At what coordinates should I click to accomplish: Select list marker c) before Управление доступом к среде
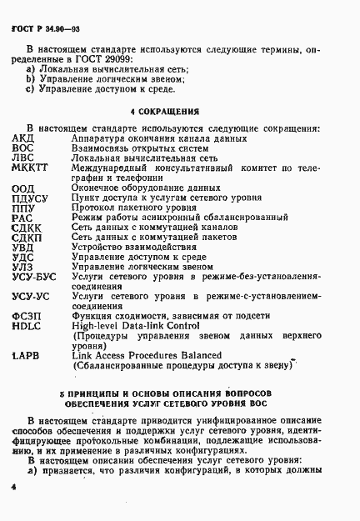30,88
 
